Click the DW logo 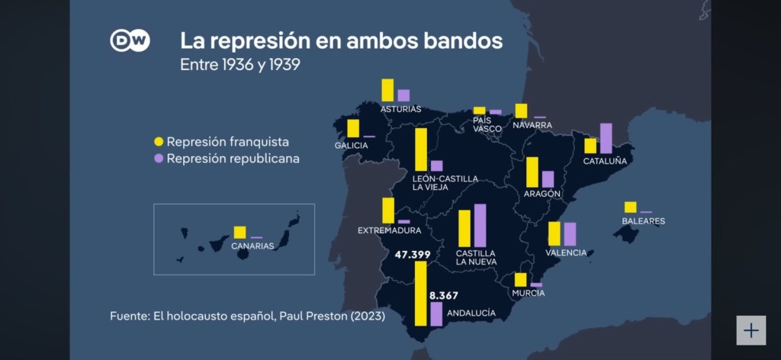[130, 40]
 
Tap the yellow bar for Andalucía [421, 294]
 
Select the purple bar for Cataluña [606, 138]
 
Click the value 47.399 [413, 255]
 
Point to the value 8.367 [443, 295]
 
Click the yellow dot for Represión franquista [159, 142]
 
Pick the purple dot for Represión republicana [159, 159]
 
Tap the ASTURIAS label [401, 109]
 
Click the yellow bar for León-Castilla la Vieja [421, 150]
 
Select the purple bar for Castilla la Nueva [480, 226]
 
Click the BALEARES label [644, 221]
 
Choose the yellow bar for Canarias [239, 233]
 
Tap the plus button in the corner [751, 330]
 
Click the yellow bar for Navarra [521, 111]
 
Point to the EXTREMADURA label [390, 231]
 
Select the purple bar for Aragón [548, 179]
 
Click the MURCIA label [529, 294]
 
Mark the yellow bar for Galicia [353, 128]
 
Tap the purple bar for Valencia [570, 234]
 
